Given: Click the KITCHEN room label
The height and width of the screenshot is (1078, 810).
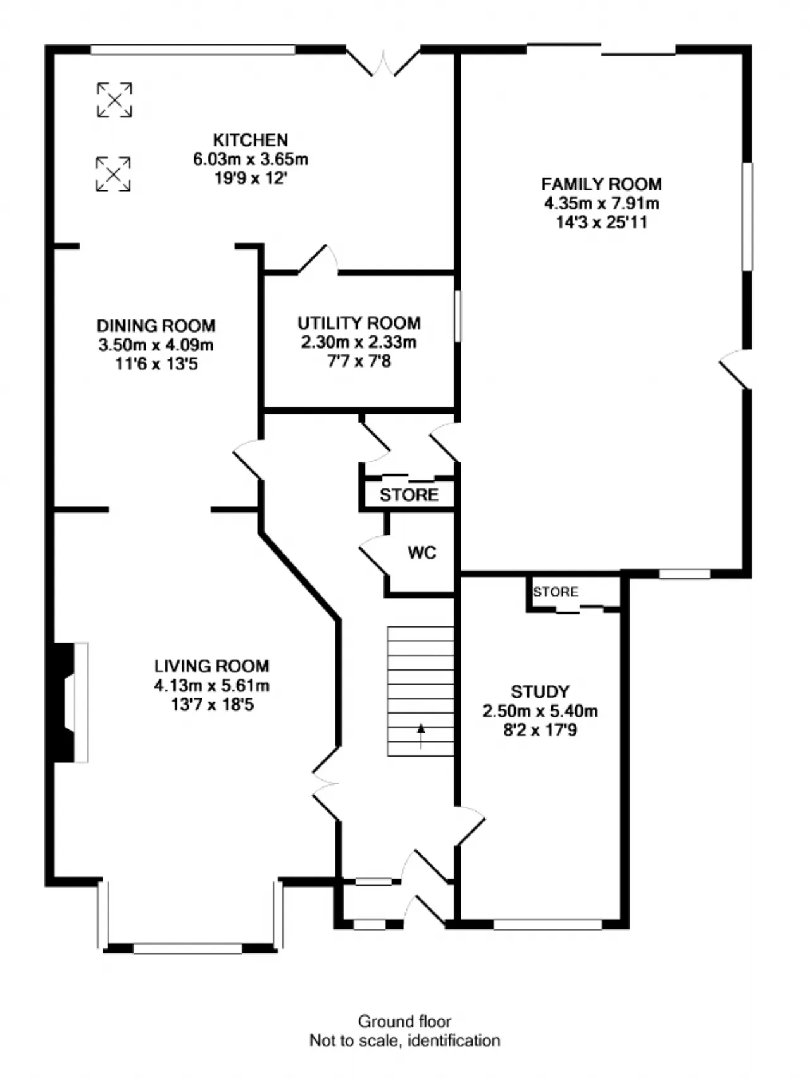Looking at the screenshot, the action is (x=251, y=140).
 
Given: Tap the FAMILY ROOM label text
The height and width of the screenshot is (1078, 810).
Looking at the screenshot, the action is (x=601, y=184).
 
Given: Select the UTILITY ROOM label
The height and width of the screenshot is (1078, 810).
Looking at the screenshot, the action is (x=359, y=323).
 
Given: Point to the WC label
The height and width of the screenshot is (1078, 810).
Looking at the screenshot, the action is (x=422, y=553).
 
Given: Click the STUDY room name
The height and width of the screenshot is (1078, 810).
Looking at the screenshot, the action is (x=540, y=691).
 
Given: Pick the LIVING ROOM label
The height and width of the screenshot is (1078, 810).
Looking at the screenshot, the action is (x=212, y=666).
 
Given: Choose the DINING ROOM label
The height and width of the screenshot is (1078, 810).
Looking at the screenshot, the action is (x=156, y=326).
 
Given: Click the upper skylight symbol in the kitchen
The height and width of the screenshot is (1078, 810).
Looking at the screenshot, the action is (x=115, y=99).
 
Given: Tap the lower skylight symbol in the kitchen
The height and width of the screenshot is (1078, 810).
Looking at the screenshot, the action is (x=113, y=174).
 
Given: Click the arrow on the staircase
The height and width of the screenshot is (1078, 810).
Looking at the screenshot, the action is (x=421, y=736).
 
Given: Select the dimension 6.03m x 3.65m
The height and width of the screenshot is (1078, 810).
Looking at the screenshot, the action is (x=251, y=159).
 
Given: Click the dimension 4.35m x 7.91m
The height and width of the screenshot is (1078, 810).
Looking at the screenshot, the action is (x=601, y=204).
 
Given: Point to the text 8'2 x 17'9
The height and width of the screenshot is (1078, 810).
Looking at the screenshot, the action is (x=540, y=731).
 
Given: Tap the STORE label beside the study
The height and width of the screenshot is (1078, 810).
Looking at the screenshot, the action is (x=556, y=592).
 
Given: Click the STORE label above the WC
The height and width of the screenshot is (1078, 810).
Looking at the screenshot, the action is (x=409, y=495).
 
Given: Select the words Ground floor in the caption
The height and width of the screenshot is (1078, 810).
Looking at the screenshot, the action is (x=404, y=1022).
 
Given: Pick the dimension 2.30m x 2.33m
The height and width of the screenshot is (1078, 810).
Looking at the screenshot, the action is (x=359, y=342).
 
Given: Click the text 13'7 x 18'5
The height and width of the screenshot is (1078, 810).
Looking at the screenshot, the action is (x=212, y=704).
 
